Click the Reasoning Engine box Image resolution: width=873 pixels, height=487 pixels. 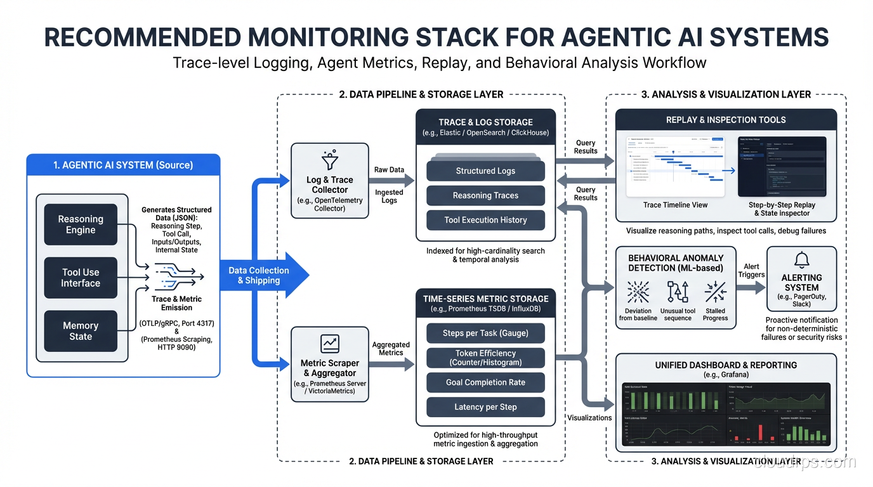[x=81, y=224]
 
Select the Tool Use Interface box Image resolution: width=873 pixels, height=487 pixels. [x=81, y=278]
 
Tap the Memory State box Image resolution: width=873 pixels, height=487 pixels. [x=81, y=331]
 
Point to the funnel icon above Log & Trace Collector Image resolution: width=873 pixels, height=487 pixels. [x=329, y=160]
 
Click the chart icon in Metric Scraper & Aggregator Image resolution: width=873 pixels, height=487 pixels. [x=330, y=344]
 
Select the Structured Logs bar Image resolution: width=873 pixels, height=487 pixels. [x=485, y=171]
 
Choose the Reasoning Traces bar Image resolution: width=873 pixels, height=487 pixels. [x=485, y=195]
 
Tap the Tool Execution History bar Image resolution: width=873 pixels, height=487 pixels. [x=485, y=220]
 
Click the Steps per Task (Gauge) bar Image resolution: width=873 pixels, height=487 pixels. [x=485, y=333]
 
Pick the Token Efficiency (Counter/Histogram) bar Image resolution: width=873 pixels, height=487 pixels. [x=485, y=358]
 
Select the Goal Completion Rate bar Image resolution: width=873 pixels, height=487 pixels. [x=485, y=382]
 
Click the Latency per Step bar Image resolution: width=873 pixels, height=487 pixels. [x=485, y=407]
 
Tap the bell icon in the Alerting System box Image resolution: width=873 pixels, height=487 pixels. [x=802, y=260]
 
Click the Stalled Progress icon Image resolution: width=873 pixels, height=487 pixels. [x=715, y=292]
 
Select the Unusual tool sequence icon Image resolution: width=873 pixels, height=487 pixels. [x=678, y=292]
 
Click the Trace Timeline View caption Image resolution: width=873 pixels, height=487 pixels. [x=675, y=205]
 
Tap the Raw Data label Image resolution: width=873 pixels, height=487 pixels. [x=389, y=170]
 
